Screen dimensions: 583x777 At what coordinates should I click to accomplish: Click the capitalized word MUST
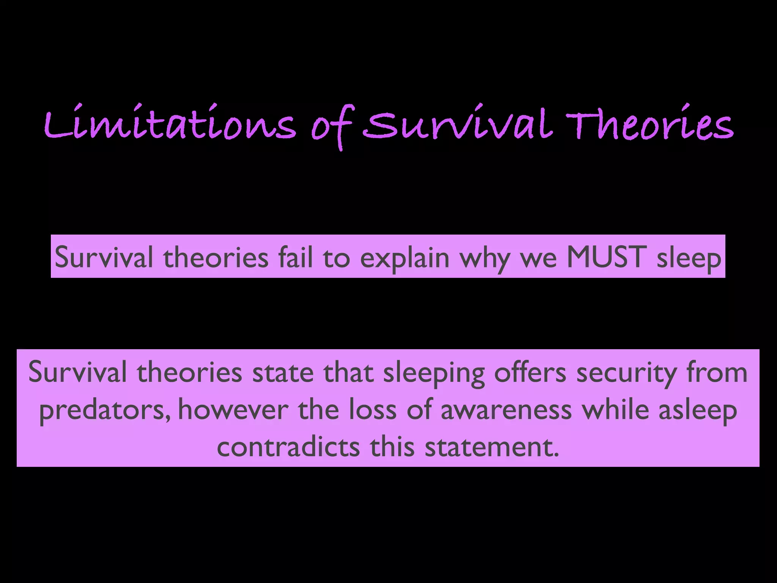[606, 257]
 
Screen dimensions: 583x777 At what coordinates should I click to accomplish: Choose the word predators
[105, 411]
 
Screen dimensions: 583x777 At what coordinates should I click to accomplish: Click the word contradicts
[288, 447]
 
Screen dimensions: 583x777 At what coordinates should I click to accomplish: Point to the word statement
[492, 447]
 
